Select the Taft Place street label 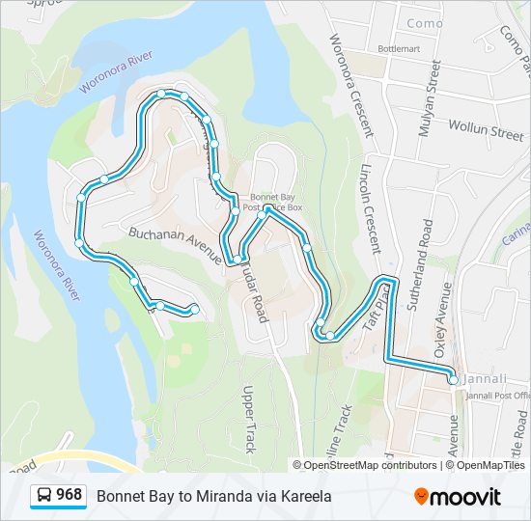[372, 313]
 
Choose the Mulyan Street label [430, 97]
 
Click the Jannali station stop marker [453, 381]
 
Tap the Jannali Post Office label [498, 395]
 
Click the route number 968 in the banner [69, 495]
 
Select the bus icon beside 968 [44, 496]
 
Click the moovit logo [458, 497]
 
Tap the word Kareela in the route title [306, 496]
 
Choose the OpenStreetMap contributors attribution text [371, 465]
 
